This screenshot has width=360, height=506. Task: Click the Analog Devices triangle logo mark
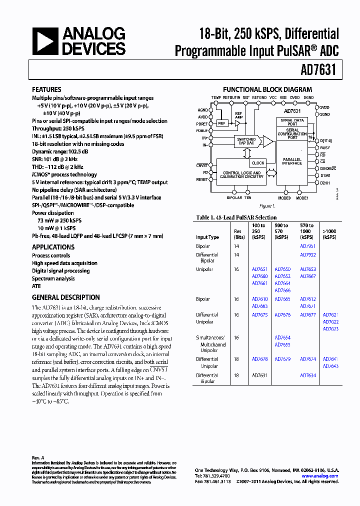point(44,41)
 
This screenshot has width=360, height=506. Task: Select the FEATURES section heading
point(46,89)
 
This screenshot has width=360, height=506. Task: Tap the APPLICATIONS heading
point(53,247)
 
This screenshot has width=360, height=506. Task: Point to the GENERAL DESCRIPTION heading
point(65,297)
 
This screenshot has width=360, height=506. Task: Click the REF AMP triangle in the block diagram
point(238,123)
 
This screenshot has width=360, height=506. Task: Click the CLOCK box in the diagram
point(258,163)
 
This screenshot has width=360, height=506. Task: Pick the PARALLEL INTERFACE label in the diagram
point(292,161)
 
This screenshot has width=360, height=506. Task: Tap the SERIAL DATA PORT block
point(292,122)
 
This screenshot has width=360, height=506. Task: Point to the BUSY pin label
point(325,148)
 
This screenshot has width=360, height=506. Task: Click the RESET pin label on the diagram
point(202,179)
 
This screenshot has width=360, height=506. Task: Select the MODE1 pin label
point(302,198)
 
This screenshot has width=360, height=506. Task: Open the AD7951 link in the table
point(307,246)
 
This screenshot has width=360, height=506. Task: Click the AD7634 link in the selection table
point(307,375)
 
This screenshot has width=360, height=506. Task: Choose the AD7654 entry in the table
point(282,337)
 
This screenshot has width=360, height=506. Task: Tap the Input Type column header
point(207,237)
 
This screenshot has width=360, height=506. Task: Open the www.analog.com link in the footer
point(320,476)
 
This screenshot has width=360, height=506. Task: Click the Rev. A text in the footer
point(38,457)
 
